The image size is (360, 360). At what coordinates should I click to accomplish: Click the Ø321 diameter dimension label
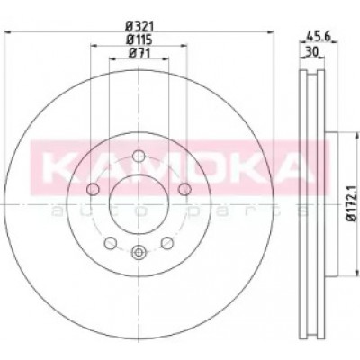pos(139,27)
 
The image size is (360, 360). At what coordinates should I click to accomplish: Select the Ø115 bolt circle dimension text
pos(139,40)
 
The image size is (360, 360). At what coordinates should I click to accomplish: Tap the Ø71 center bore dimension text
pos(139,53)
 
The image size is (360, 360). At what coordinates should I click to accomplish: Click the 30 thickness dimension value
pos(312,52)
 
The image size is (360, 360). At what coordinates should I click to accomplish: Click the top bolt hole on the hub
pos(139,156)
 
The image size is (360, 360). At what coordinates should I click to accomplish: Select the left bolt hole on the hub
pos(93,189)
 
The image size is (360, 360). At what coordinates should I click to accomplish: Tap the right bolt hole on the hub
pos(184,189)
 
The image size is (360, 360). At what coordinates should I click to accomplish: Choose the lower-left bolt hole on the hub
pos(111,243)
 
